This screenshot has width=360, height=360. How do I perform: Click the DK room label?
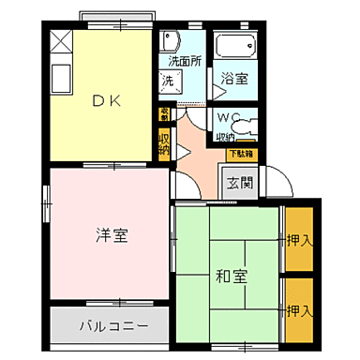click(x=105, y=102)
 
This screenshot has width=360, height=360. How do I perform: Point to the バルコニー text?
click(x=112, y=329)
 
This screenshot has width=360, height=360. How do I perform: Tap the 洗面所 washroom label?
click(x=184, y=63)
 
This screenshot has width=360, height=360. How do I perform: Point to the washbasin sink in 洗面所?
click(x=171, y=41)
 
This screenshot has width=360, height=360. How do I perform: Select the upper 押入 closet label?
click(x=299, y=241)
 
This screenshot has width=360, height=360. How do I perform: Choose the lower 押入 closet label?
click(x=299, y=309)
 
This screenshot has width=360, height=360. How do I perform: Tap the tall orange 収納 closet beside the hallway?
click(x=164, y=144)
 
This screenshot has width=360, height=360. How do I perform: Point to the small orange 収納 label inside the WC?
click(x=225, y=137)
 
